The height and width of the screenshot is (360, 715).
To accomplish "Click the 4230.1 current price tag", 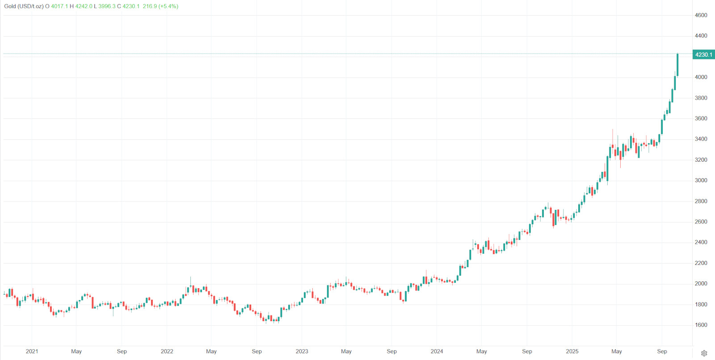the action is [x=703, y=54].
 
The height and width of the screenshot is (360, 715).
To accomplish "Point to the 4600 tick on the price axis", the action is [x=701, y=15].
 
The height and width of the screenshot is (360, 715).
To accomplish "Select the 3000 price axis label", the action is [x=701, y=180].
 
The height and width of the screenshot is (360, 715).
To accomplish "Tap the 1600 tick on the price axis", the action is [x=701, y=325].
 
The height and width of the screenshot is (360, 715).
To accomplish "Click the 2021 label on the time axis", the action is [x=32, y=352].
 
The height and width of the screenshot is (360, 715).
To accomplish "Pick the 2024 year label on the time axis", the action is [x=437, y=352].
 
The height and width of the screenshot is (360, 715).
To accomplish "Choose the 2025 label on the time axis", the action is [x=572, y=352].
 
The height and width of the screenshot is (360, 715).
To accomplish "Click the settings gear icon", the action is [x=704, y=353].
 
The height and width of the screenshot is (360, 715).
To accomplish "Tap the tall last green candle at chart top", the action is [x=677, y=65].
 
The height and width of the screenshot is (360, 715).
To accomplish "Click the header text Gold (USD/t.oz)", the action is [x=24, y=6].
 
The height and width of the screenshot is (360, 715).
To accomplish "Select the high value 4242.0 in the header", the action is [x=84, y=6].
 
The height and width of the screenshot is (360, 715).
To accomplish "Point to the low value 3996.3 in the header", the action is [x=107, y=6].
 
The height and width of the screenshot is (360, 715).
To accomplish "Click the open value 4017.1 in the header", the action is [x=59, y=6].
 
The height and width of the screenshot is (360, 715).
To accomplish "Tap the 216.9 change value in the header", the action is [x=150, y=6].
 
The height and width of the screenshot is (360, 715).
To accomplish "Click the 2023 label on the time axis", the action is [x=302, y=352].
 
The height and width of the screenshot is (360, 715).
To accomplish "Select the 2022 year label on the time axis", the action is [x=167, y=352].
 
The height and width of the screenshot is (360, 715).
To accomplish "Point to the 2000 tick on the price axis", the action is [x=701, y=284].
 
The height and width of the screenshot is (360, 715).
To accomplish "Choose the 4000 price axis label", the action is [x=701, y=77].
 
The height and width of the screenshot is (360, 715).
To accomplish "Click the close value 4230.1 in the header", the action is [x=131, y=6].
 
